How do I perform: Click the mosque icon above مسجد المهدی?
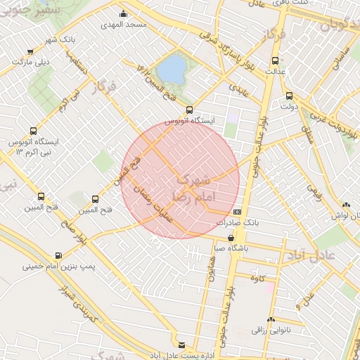point(124,13)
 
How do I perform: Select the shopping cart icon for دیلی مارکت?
point(30,51)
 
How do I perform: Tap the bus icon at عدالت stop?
point(274,60)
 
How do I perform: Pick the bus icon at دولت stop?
point(289,96)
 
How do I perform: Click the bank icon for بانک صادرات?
point(237,211)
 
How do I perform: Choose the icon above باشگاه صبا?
point(231,238)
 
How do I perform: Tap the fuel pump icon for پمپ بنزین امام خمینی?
point(58,255)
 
